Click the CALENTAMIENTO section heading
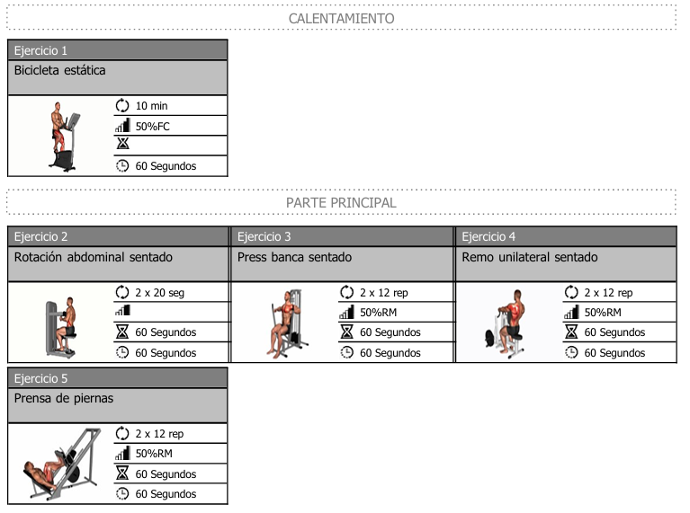341,18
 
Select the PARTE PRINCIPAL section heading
341,202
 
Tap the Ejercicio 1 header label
40,50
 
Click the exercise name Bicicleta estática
59,70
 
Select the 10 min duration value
151,106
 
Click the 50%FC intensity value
152,127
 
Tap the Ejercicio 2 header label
40,237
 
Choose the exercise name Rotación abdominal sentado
93,257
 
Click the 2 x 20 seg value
159,293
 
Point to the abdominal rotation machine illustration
61,323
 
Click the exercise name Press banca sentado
294,257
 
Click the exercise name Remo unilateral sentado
529,257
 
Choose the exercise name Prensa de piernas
64,398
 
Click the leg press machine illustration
60,465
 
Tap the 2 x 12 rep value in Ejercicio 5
159,434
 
